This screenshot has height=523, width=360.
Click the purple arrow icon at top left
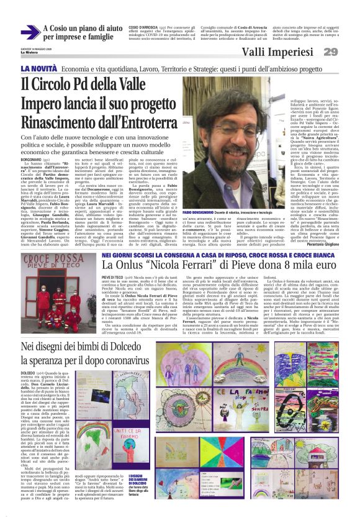click(30, 32)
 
